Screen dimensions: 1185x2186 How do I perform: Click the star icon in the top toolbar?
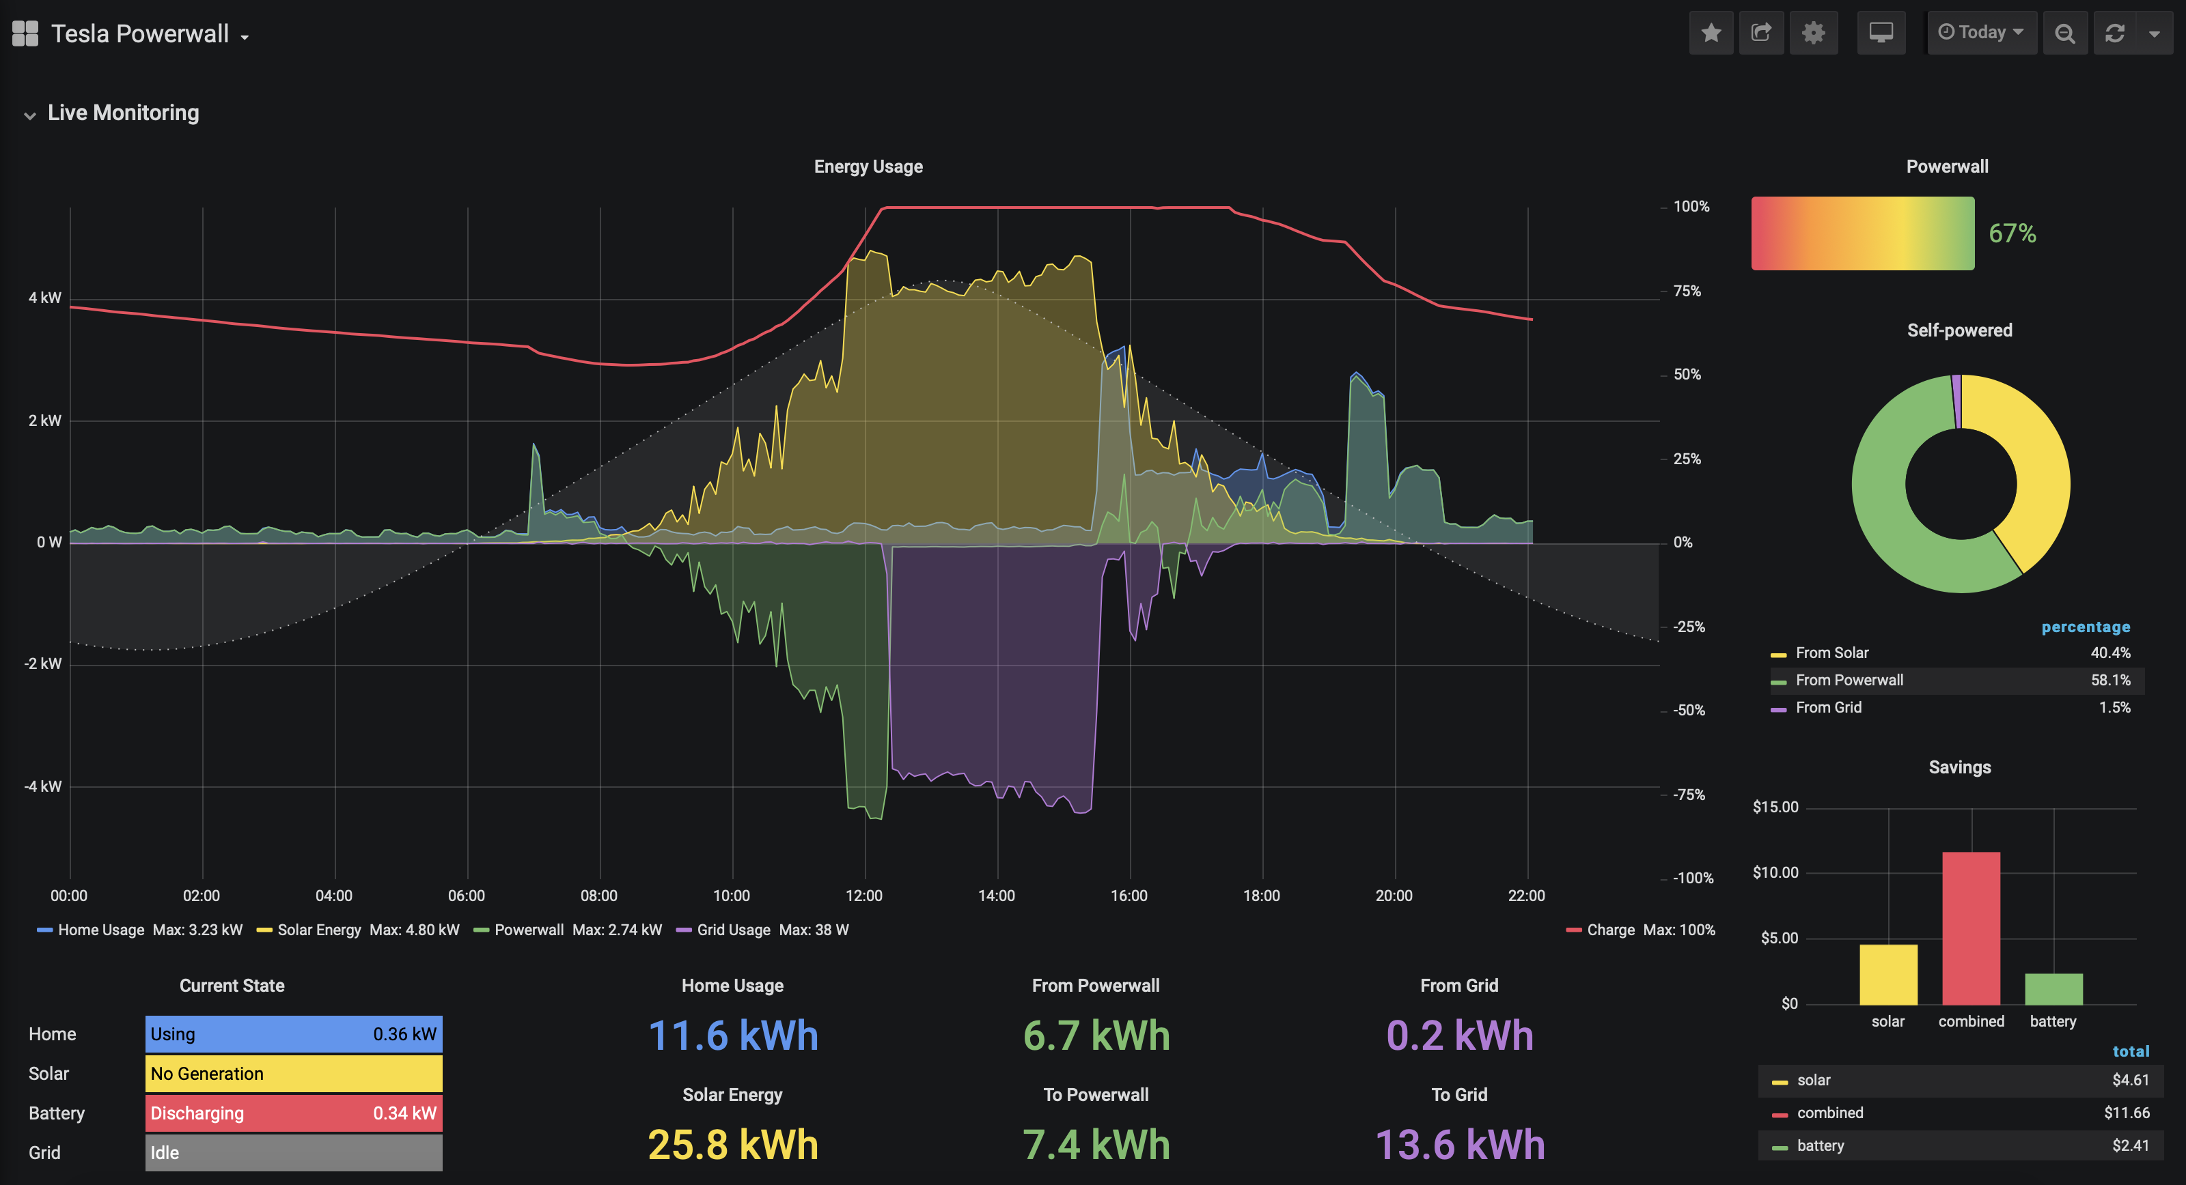[x=1711, y=33]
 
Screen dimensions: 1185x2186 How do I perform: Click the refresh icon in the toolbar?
[x=2115, y=33]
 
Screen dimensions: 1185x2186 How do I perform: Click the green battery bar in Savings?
[x=2053, y=988]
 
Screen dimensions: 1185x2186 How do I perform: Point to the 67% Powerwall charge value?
[x=2012, y=233]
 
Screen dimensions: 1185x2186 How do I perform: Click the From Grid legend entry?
[x=1828, y=707]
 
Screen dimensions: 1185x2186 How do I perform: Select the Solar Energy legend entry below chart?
[x=319, y=930]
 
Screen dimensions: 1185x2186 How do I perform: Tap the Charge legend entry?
[x=1610, y=930]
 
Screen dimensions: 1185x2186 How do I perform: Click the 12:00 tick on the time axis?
[x=864, y=896]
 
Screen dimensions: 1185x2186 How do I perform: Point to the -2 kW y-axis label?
[x=42, y=663]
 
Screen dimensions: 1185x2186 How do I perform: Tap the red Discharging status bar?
[x=294, y=1113]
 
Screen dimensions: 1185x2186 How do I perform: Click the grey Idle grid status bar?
[x=294, y=1152]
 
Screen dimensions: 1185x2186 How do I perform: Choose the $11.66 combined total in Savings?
[x=2126, y=1113]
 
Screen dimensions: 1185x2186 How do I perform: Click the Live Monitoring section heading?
[x=123, y=113]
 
